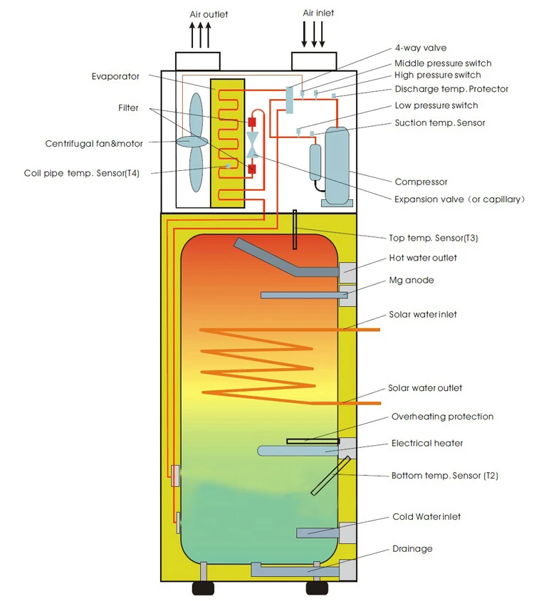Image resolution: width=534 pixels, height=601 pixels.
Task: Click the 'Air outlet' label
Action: [209, 14]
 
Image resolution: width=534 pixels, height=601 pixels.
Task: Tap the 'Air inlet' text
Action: [318, 13]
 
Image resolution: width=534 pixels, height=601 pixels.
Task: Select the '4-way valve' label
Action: [421, 48]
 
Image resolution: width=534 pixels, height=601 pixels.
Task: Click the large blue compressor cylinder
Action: [337, 166]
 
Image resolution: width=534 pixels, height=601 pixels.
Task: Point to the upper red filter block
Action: [252, 122]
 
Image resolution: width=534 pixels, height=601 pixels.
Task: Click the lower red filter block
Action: [252, 169]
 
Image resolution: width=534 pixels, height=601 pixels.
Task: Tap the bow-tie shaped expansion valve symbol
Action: [252, 145]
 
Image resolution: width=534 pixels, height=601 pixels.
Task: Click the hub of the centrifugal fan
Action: [192, 142]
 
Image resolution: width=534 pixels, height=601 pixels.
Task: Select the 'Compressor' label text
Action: [421, 182]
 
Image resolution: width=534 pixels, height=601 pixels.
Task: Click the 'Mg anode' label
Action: [412, 280]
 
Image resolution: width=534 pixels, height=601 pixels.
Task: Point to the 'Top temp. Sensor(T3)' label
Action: [433, 238]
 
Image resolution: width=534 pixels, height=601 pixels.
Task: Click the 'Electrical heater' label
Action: [427, 444]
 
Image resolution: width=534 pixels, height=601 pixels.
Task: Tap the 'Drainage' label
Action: [412, 549]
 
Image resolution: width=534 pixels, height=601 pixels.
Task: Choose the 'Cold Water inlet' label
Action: [426, 517]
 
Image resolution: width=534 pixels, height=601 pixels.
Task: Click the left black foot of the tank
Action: [203, 588]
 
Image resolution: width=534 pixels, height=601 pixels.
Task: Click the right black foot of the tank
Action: [317, 588]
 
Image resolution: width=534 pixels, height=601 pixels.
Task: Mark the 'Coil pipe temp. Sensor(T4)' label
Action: [82, 173]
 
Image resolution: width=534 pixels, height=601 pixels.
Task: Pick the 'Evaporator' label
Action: [115, 77]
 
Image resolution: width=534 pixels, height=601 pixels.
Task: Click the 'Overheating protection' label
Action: [442, 417]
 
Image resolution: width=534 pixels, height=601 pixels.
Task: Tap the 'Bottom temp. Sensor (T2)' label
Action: [445, 476]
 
